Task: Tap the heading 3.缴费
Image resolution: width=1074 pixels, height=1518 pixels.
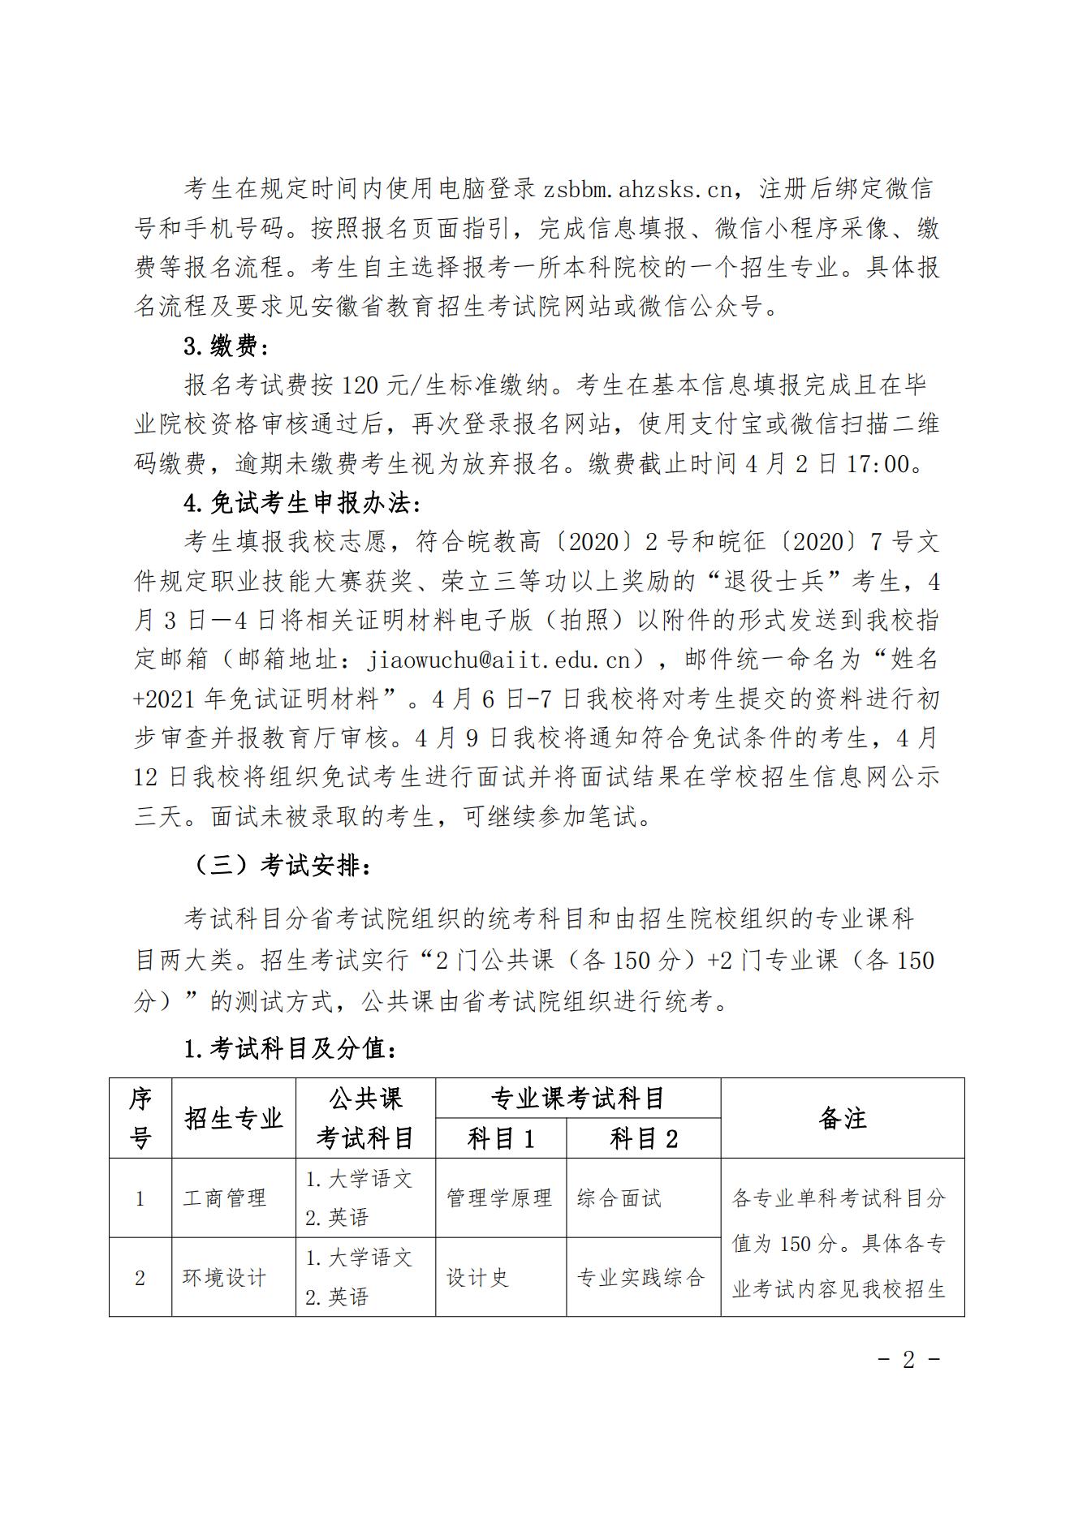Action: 225,346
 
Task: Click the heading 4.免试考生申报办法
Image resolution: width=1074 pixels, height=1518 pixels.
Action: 302,503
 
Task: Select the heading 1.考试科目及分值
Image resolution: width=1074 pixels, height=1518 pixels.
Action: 290,1049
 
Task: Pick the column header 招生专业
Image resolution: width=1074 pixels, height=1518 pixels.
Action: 234,1118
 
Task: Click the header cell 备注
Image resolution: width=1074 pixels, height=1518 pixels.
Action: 843,1118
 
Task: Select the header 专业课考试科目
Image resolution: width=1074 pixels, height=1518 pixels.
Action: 578,1099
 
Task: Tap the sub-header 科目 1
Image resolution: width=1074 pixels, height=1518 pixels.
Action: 501,1138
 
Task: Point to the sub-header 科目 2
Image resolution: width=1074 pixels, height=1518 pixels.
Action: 644,1138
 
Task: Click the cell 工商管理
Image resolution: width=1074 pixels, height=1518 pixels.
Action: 225,1198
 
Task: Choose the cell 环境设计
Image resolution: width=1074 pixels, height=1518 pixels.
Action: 225,1277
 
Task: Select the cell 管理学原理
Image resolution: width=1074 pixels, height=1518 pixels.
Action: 499,1198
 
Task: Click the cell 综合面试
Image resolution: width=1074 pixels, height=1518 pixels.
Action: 619,1198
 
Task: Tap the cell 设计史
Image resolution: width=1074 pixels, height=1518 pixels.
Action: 477,1277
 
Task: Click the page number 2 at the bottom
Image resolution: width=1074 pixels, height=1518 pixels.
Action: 908,1359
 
